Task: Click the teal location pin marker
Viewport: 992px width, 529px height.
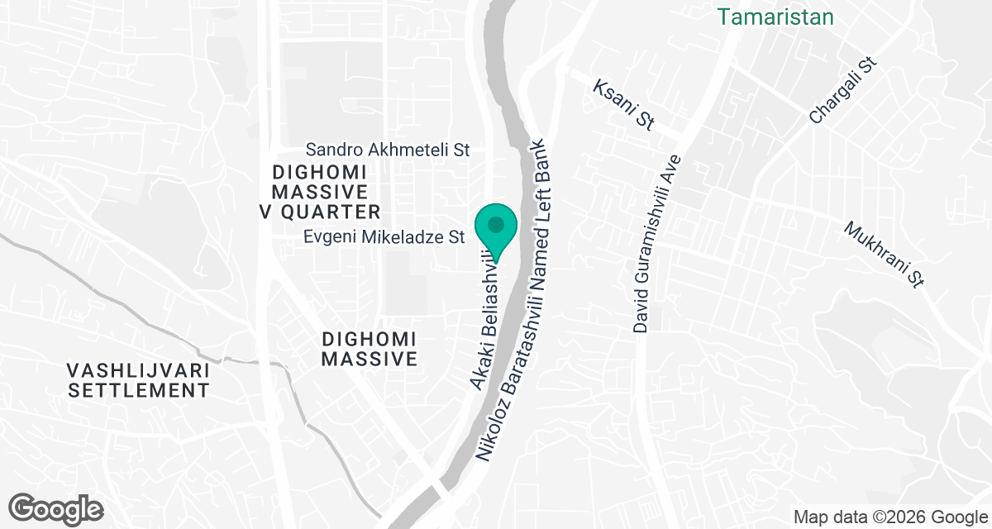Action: (x=496, y=228)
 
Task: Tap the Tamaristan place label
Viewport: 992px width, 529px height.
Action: (x=775, y=17)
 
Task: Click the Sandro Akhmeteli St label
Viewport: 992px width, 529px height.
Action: (x=388, y=150)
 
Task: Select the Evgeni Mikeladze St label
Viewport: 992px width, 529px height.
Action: (x=384, y=237)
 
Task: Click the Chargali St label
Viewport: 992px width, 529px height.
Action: (x=842, y=91)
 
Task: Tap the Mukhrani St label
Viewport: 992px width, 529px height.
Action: (x=883, y=253)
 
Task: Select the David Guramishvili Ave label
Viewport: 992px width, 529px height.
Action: (x=657, y=244)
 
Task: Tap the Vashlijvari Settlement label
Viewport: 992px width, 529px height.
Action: (x=139, y=379)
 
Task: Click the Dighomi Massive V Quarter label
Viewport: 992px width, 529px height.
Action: (x=320, y=192)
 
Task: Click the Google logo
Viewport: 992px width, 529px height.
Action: (x=56, y=508)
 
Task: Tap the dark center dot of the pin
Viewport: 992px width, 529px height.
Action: (x=496, y=224)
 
